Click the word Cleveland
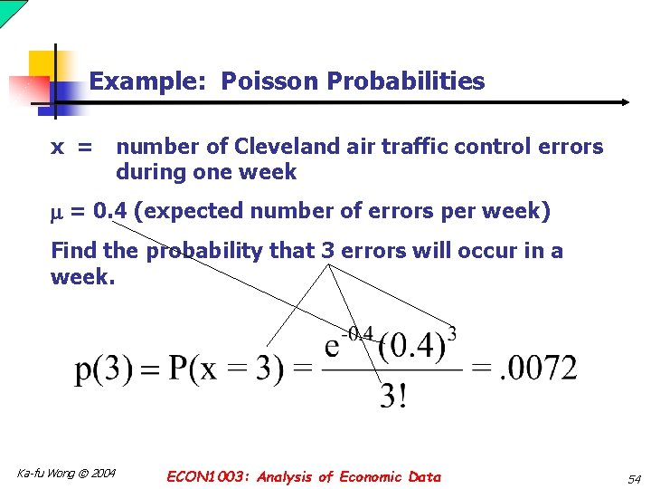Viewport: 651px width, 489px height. point(279,147)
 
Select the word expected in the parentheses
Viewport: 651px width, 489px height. point(186,212)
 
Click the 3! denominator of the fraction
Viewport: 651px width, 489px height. point(392,397)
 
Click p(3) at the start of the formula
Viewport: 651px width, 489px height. point(101,369)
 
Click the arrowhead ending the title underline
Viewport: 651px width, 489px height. point(623,102)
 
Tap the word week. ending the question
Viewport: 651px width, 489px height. point(83,277)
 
